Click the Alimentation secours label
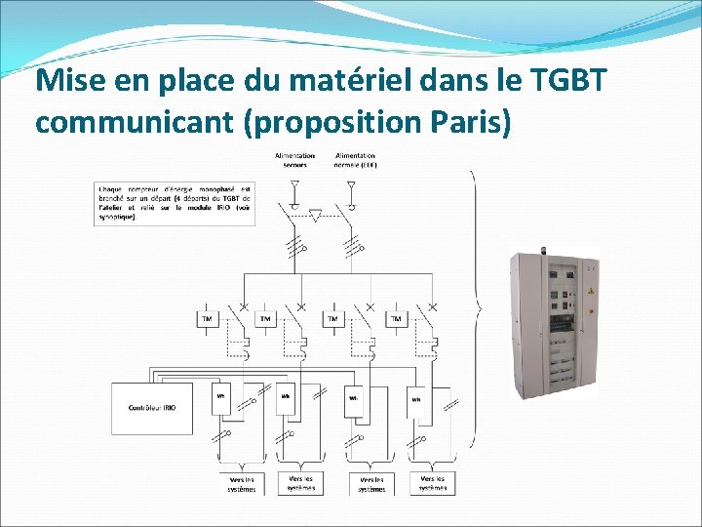click(x=294, y=160)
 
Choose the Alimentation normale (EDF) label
click(x=356, y=160)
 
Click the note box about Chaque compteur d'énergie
click(x=175, y=203)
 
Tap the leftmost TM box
click(x=207, y=319)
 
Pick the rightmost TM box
click(x=396, y=319)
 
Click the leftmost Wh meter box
click(x=221, y=397)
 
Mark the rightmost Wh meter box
click(x=416, y=398)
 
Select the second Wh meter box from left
click(x=286, y=397)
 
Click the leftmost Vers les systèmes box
click(x=242, y=483)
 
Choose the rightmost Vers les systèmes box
click(x=433, y=483)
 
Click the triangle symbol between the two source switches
click(x=314, y=214)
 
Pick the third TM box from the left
click(x=332, y=319)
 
